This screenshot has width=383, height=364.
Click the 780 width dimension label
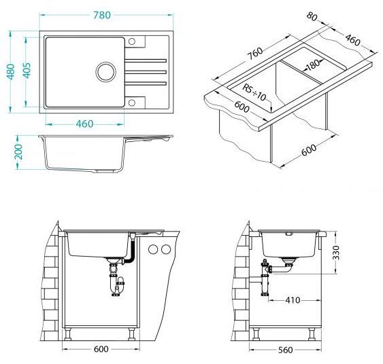pos(102,15)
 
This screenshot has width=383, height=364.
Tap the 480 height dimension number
pos(11,72)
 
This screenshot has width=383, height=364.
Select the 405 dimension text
pos(27,71)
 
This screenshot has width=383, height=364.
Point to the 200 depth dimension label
pos(18,152)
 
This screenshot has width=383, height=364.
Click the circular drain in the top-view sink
pos(105,72)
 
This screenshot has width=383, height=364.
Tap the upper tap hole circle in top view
pos(132,41)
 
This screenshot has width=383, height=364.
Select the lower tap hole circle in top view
pos(132,103)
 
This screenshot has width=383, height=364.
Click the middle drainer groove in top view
pos(146,72)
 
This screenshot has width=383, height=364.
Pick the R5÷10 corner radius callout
pos(254,92)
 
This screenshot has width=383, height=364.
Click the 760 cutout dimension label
pos(255,54)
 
